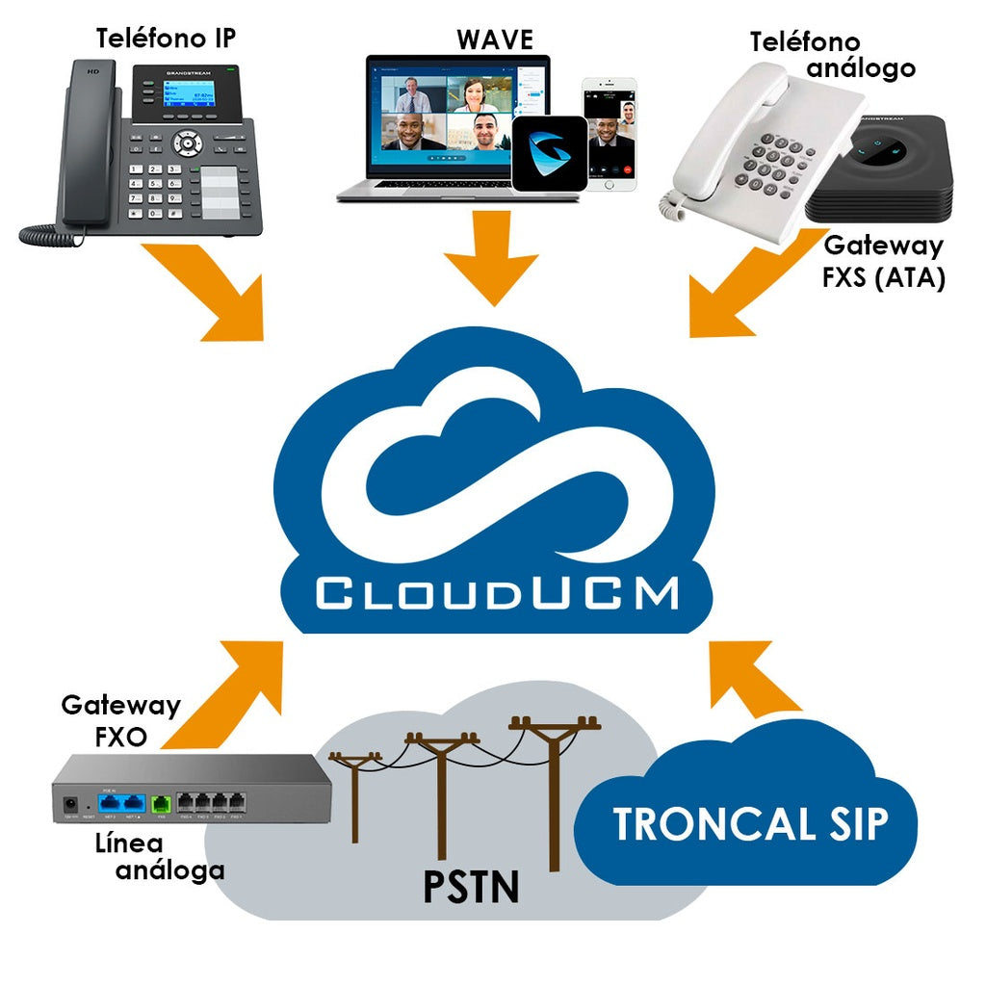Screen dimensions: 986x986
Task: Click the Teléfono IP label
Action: pyautogui.click(x=165, y=38)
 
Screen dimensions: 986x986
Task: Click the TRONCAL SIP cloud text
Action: pyautogui.click(x=751, y=824)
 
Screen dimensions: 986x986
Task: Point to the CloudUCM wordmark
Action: pyautogui.click(x=496, y=592)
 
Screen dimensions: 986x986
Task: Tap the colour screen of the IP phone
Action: pyautogui.click(x=187, y=94)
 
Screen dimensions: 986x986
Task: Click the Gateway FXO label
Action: pyautogui.click(x=120, y=719)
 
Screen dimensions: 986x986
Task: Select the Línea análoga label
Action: pyautogui.click(x=159, y=856)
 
